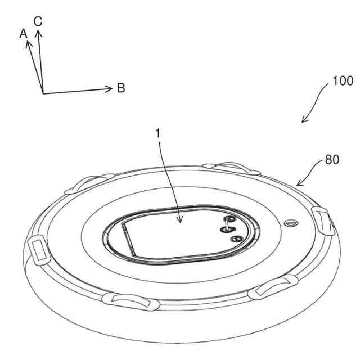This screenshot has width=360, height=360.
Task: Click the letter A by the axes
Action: pos(23,34)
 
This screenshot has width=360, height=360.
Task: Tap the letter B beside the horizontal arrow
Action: pos(121,88)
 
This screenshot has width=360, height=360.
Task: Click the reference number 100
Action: pos(343,81)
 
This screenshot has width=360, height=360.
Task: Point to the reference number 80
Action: pos(332,160)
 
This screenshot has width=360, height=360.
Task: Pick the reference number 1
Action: pos(158,134)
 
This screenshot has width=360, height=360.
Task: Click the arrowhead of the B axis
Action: pos(111,88)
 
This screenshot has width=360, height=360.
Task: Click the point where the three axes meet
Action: pos(43,93)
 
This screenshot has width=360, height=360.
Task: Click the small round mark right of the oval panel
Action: pos(289,224)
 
